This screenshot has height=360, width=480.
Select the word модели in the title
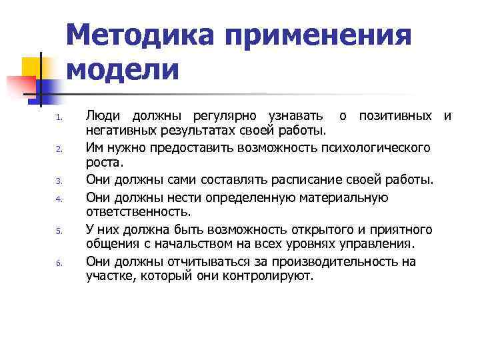123,69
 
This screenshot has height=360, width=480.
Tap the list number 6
59,263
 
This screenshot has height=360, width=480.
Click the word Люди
103,117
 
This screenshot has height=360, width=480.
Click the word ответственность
137,213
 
